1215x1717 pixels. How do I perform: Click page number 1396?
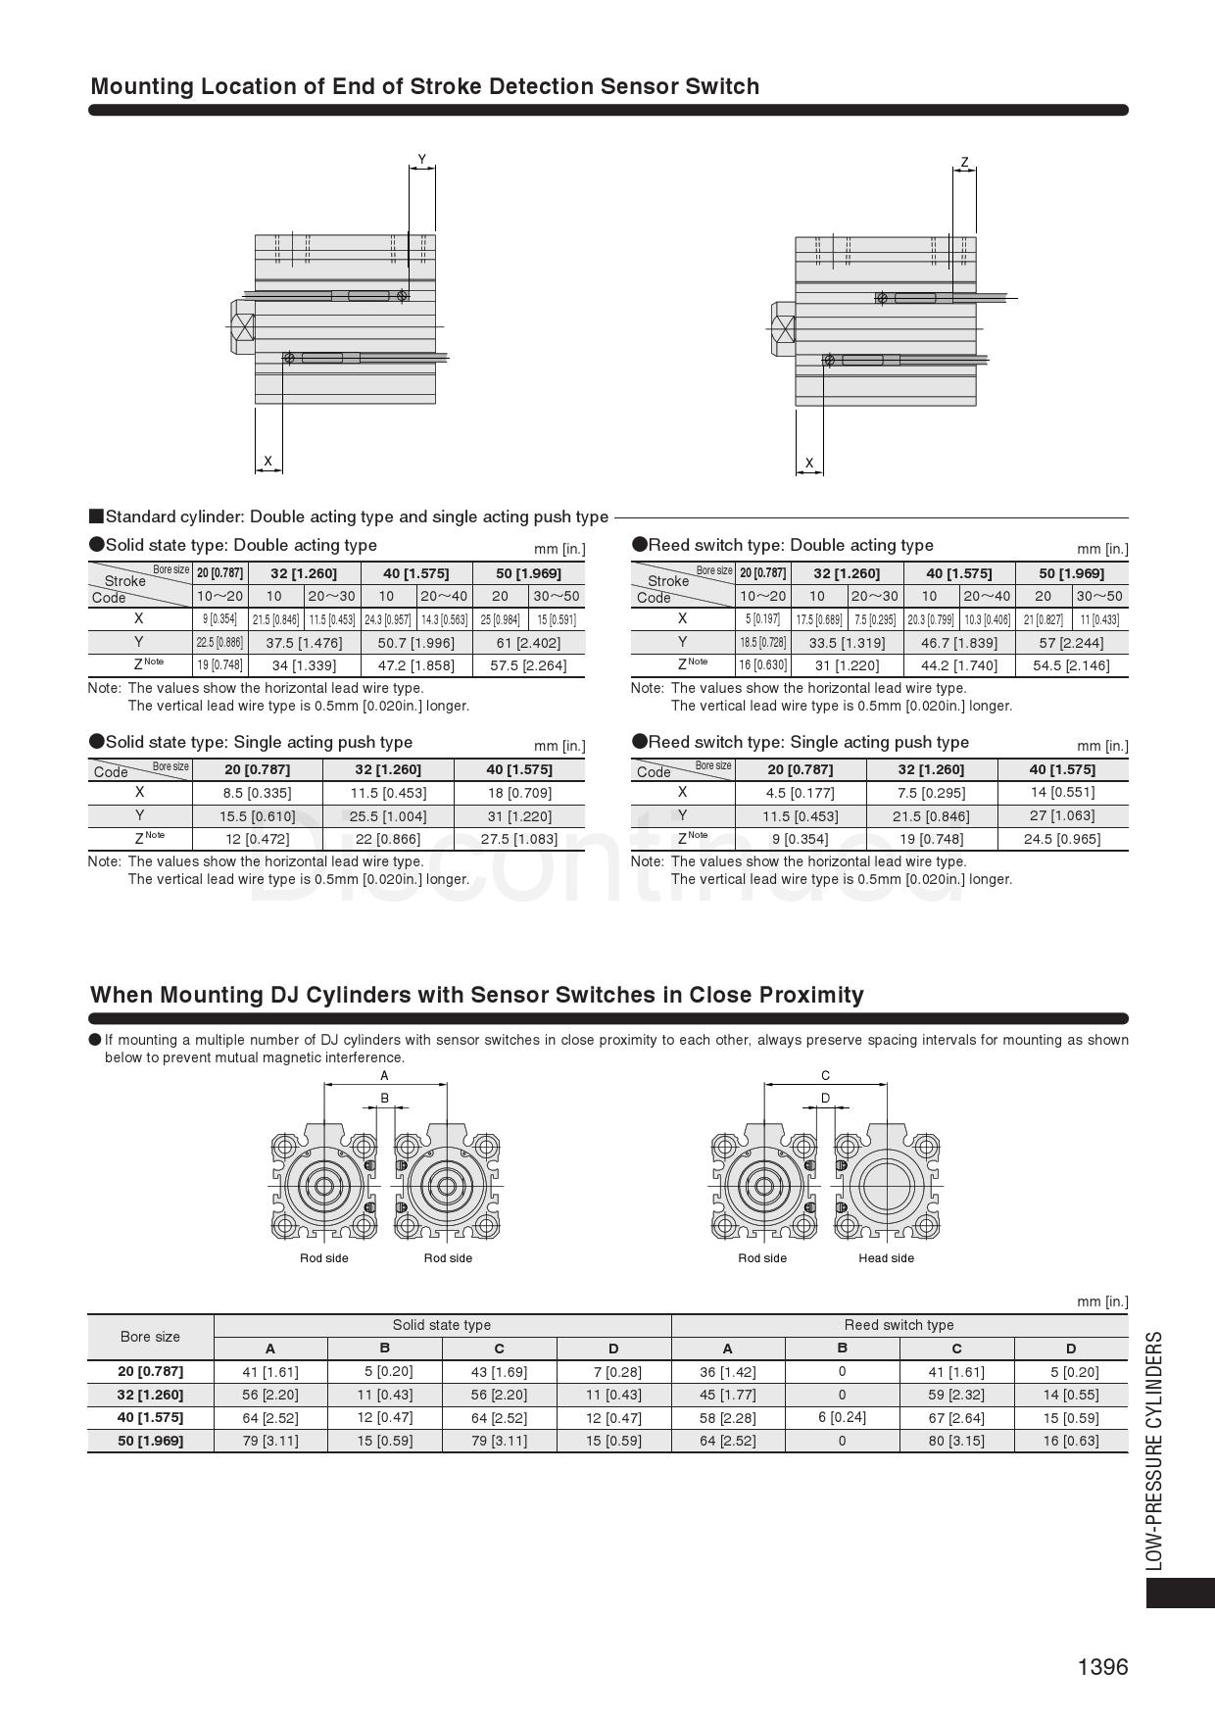tap(1102, 1667)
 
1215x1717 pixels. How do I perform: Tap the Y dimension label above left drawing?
tap(422, 160)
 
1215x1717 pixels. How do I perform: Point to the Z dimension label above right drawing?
tap(964, 163)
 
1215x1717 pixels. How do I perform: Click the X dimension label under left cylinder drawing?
tap(267, 461)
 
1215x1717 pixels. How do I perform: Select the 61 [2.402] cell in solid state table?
tap(528, 642)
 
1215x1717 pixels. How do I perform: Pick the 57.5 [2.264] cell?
tap(528, 665)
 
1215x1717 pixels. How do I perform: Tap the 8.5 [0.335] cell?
tap(257, 793)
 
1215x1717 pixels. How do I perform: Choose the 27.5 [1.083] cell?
tap(519, 839)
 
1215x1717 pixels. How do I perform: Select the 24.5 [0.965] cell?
tap(1061, 839)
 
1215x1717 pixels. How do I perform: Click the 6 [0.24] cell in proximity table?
tap(842, 1417)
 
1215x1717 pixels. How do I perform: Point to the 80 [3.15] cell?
tap(956, 1441)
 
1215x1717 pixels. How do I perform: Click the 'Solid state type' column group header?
tap(442, 1325)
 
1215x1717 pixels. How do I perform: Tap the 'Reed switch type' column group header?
tap(899, 1325)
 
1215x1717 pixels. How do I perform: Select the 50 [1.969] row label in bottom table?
tap(151, 1441)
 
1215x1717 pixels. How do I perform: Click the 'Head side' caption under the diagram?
tap(886, 1258)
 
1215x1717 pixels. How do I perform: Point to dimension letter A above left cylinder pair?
tap(384, 1075)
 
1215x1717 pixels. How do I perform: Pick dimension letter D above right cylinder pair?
tap(825, 1098)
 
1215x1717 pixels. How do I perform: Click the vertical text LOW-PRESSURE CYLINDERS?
tap(1155, 1450)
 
